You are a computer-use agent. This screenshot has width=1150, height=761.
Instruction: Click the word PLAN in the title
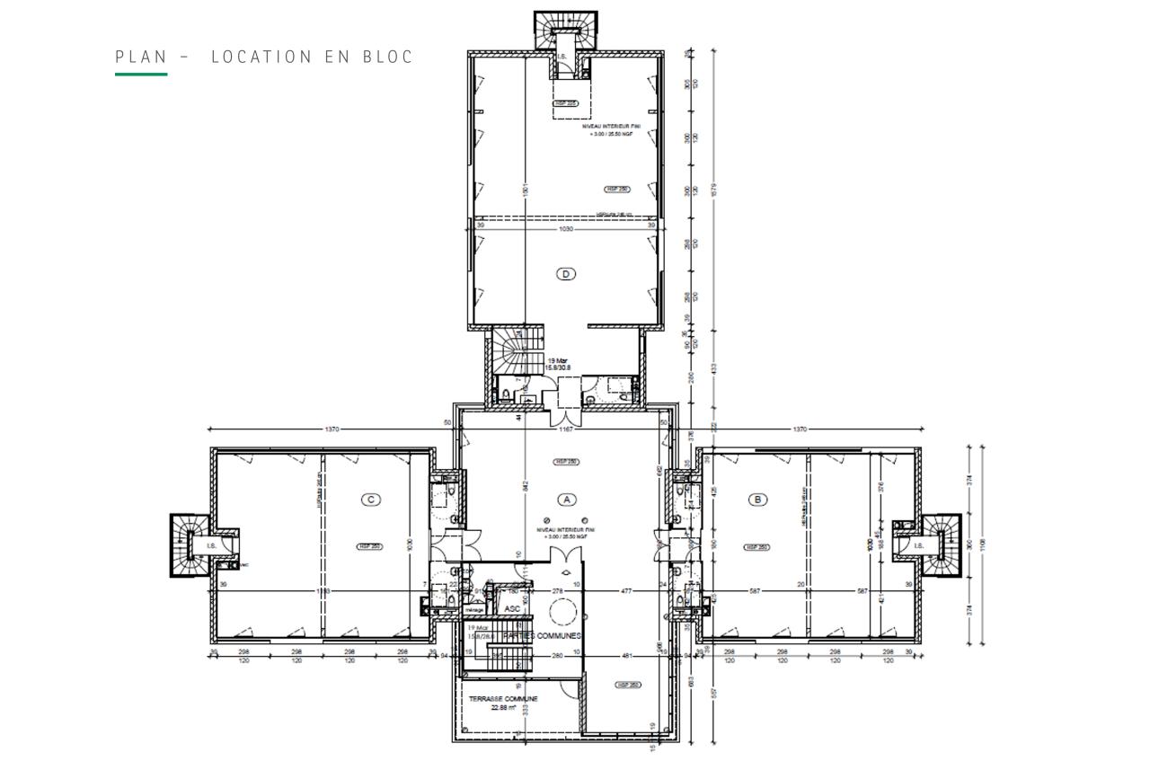click(141, 58)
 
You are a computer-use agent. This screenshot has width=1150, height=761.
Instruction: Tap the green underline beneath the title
click(141, 74)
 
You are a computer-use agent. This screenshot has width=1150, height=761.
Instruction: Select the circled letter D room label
click(566, 274)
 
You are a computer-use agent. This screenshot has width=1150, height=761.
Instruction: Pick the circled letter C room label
click(369, 499)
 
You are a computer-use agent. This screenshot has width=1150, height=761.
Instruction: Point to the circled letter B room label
click(759, 499)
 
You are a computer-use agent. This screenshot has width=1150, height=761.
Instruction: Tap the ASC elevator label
click(512, 608)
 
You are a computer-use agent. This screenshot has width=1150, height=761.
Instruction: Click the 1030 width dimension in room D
click(566, 228)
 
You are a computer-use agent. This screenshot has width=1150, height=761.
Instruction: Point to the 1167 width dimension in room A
click(566, 429)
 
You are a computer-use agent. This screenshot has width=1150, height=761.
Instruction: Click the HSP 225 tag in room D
click(564, 103)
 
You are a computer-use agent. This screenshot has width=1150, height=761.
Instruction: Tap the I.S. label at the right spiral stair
click(918, 545)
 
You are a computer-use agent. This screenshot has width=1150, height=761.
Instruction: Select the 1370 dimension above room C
click(332, 429)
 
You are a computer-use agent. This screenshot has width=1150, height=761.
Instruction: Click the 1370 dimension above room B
click(800, 429)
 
